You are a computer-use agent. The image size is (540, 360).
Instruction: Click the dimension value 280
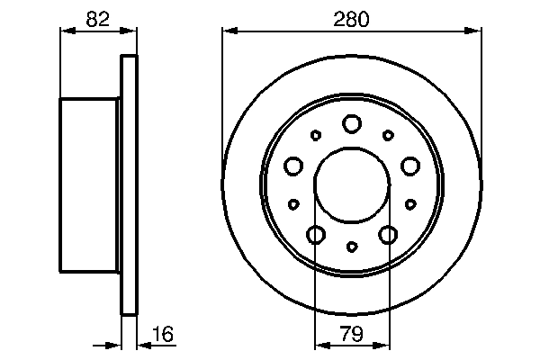[x=352, y=17]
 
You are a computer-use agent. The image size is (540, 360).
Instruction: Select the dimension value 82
[x=100, y=17]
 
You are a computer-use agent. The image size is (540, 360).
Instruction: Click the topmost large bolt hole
[x=352, y=123]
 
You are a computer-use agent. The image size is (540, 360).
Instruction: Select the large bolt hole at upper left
[x=293, y=166]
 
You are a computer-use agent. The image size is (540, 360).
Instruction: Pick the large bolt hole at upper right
[x=410, y=166]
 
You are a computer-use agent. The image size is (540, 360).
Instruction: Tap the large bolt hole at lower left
[x=316, y=235]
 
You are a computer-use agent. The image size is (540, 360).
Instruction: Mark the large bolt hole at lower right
[x=388, y=235]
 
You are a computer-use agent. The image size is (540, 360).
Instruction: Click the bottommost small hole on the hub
[x=352, y=247]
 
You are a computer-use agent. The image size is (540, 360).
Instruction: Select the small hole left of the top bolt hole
[x=316, y=136]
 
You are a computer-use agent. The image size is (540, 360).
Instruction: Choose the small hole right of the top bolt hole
[x=388, y=136]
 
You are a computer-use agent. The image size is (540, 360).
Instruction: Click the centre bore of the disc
[x=352, y=184]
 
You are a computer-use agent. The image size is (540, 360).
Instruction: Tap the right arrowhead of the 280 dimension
[x=475, y=32]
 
